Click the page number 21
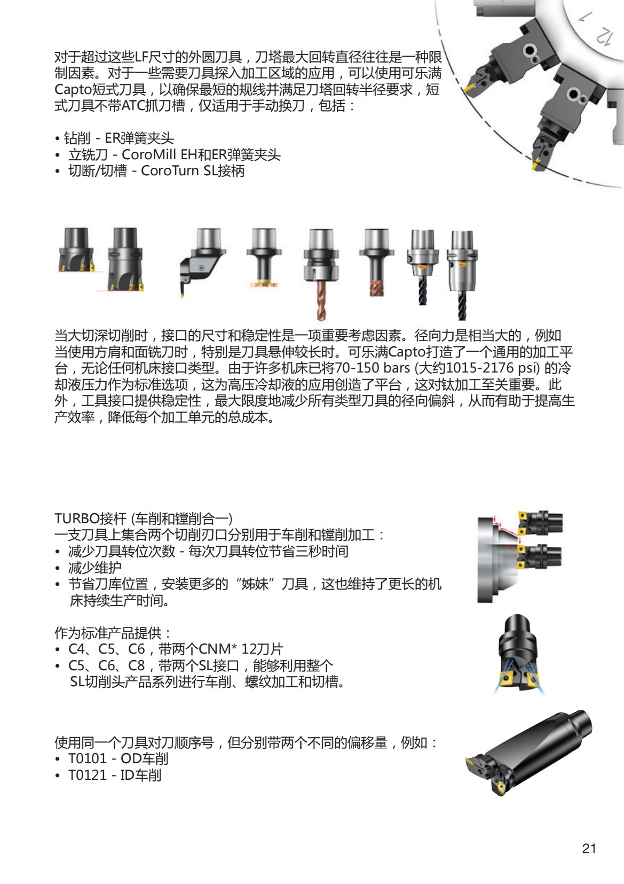(x=589, y=848)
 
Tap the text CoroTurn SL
(x=177, y=171)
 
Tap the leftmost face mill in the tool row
(x=75, y=251)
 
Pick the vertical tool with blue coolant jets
(x=515, y=655)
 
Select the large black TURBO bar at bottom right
(x=528, y=754)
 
